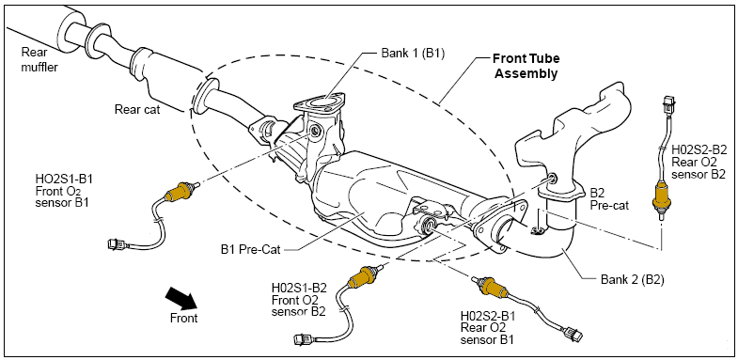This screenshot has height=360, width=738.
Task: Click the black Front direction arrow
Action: tap(182, 298)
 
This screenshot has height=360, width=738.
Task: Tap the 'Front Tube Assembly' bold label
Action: tap(526, 67)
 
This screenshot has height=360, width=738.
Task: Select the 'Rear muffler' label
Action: tap(39, 59)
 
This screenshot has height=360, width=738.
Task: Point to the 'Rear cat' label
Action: tap(137, 110)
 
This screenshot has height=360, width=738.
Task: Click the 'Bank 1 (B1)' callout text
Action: tap(412, 53)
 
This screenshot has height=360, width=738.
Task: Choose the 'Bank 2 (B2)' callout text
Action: tap(632, 279)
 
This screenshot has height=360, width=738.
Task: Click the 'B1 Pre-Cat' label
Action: tap(251, 249)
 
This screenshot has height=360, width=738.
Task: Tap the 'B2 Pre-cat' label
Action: tap(607, 199)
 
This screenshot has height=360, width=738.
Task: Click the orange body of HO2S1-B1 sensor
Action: tap(179, 192)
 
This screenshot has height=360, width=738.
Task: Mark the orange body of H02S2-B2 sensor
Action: tap(661, 196)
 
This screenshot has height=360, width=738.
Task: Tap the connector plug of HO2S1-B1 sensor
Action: tap(118, 243)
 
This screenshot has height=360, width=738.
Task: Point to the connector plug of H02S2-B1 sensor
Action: tap(574, 334)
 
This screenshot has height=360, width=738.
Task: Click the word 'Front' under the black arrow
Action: tap(184, 318)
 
